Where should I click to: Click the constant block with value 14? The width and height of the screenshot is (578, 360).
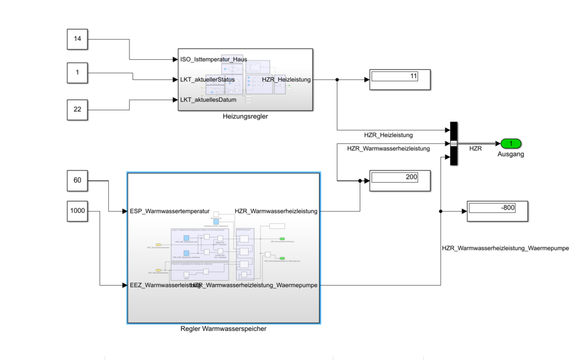[x=77, y=39]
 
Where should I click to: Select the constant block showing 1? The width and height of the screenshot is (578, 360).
[x=77, y=73]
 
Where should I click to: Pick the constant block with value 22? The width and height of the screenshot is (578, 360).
[x=77, y=109]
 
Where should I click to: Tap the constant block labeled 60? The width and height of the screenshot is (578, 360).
[x=77, y=181]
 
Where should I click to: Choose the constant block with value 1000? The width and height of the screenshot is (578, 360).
[x=77, y=211]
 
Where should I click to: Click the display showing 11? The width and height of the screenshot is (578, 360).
[x=399, y=80]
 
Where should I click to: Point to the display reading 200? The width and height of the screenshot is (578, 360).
[x=399, y=181]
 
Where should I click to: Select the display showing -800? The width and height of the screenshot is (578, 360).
[x=498, y=211]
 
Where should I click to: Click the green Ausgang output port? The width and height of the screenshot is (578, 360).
[x=511, y=144]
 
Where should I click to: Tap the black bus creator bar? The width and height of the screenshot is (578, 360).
[x=453, y=144]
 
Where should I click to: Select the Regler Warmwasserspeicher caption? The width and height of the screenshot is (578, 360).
[x=223, y=329]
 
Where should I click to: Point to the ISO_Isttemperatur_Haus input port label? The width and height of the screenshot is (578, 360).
[x=213, y=60]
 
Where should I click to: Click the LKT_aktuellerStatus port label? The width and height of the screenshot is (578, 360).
[x=207, y=80]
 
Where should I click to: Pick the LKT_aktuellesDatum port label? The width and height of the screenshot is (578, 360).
[x=208, y=100]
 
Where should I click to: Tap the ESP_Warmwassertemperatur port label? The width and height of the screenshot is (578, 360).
[x=170, y=211]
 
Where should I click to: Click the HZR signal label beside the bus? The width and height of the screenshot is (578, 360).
[x=475, y=149]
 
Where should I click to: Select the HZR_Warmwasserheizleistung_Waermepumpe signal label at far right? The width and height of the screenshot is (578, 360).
[x=505, y=249]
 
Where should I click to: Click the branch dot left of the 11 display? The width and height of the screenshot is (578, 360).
[x=337, y=80]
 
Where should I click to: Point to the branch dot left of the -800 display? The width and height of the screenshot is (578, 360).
[x=441, y=211]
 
